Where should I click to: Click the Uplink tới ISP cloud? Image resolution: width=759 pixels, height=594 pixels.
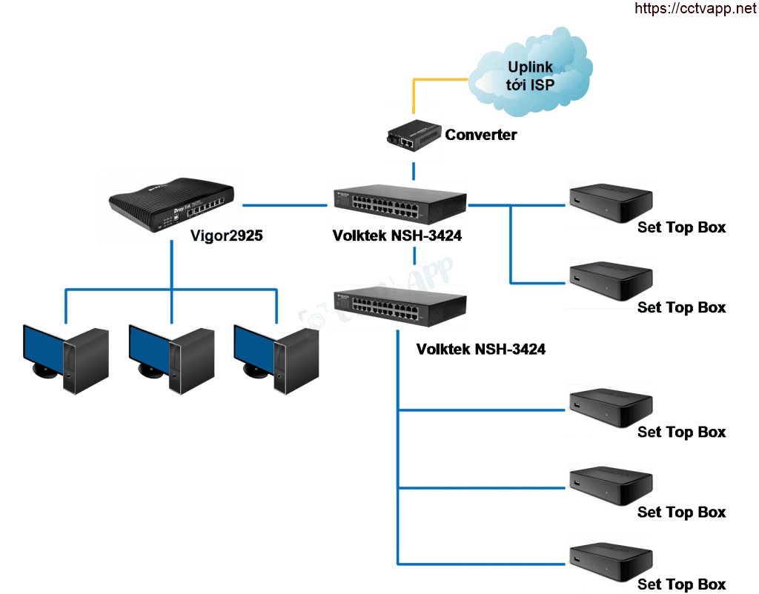click(531, 77)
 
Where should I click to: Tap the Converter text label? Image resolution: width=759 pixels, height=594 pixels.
click(481, 135)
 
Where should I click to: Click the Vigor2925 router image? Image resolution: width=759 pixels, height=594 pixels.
click(173, 204)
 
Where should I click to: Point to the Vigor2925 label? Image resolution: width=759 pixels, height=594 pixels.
click(227, 236)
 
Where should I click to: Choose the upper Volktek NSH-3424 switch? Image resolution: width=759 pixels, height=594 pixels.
click(398, 204)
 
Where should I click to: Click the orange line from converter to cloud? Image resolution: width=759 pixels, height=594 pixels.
click(440, 78)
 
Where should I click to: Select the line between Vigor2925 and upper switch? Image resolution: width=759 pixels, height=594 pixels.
click(285, 204)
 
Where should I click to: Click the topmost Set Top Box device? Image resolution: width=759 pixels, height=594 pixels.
click(609, 204)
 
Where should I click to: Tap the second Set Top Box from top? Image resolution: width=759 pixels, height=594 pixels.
click(609, 282)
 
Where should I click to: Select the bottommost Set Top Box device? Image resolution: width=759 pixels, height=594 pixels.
click(609, 564)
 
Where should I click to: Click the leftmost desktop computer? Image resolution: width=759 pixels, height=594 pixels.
click(65, 358)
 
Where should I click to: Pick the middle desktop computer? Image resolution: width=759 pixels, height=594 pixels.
click(170, 358)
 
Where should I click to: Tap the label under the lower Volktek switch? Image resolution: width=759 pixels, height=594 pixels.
click(481, 349)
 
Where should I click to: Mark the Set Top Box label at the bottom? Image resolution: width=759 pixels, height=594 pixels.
click(682, 584)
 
